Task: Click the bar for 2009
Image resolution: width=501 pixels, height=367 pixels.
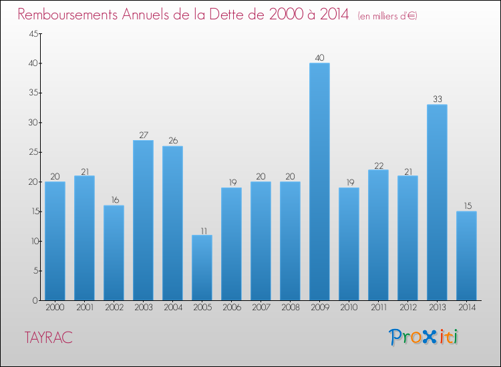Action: (x=319, y=181)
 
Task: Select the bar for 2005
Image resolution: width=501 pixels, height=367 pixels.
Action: (x=202, y=268)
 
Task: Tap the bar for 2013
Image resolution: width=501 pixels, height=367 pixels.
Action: (x=437, y=202)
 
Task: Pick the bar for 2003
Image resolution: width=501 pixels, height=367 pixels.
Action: (x=143, y=220)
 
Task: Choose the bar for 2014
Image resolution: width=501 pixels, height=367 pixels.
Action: (x=466, y=256)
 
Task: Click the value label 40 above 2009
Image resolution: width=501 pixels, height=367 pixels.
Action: (x=319, y=58)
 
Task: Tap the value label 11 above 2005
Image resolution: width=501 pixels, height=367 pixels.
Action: (x=202, y=230)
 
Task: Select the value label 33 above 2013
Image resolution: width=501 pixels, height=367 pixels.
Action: (x=437, y=99)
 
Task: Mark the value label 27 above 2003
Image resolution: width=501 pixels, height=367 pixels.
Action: (x=143, y=135)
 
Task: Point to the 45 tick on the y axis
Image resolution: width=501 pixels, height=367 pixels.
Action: (x=32, y=34)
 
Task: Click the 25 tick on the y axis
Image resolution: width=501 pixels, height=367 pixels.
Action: (x=32, y=152)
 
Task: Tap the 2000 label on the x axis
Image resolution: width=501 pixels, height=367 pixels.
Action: (x=55, y=308)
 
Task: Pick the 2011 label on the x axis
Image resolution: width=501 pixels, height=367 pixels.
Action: (x=378, y=308)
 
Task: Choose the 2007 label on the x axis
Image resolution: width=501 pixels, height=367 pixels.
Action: (x=261, y=308)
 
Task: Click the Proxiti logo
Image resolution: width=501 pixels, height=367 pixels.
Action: (x=424, y=337)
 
